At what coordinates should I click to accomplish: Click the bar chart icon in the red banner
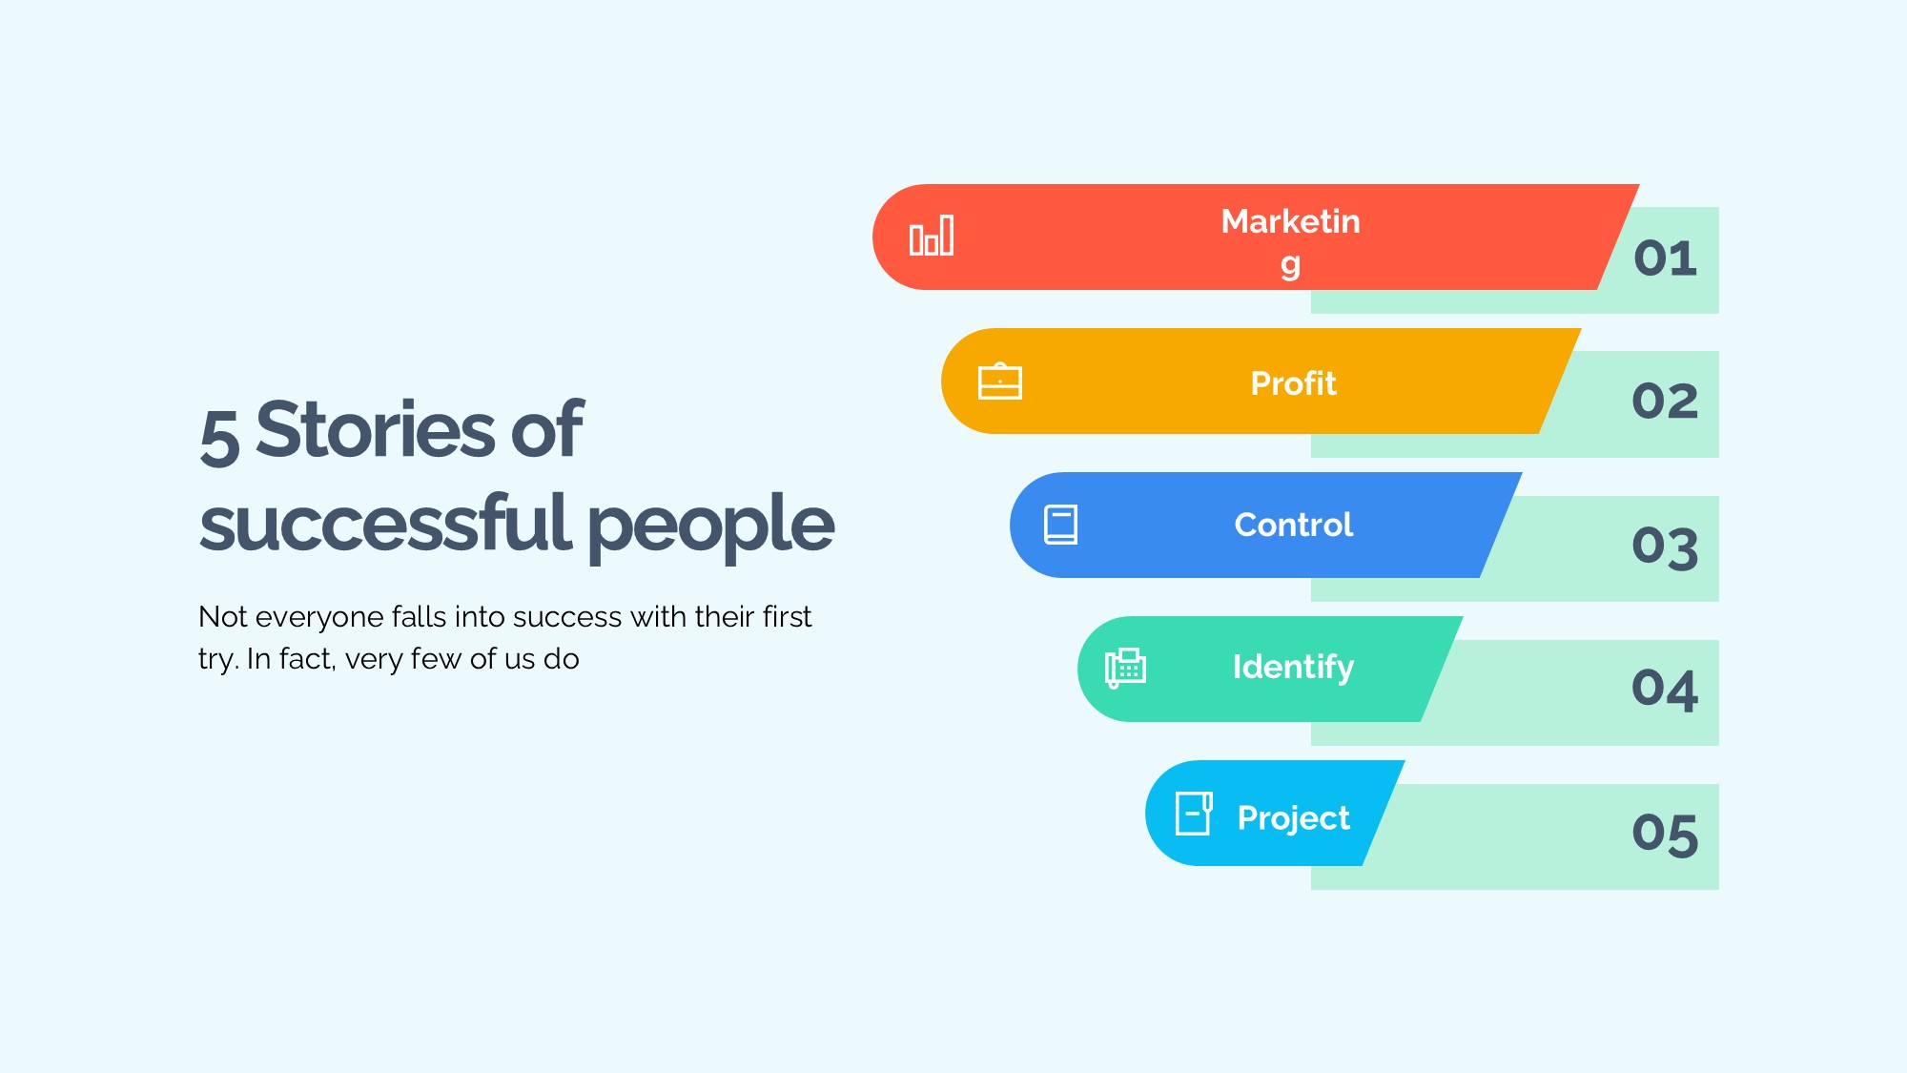[x=932, y=236]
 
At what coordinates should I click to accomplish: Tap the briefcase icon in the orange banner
[x=1000, y=381]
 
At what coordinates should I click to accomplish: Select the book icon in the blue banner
[x=1061, y=525]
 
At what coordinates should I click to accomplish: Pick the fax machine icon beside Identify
[x=1125, y=668]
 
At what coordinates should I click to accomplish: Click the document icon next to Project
[x=1194, y=814]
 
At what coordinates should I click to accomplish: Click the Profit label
[x=1293, y=383]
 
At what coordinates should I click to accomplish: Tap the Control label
[x=1293, y=525]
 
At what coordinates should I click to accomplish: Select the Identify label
[x=1293, y=668]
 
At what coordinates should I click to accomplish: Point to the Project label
[x=1293, y=818]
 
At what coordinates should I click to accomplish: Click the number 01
[x=1666, y=258]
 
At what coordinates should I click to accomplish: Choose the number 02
[x=1666, y=401]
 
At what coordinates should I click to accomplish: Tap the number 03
[x=1666, y=547]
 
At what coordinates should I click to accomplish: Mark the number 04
[x=1666, y=689]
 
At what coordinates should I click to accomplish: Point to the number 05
[x=1666, y=835]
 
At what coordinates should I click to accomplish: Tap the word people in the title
[x=711, y=527]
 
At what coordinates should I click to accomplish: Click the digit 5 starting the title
[x=219, y=436]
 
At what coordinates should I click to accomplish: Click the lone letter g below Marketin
[x=1290, y=266]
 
